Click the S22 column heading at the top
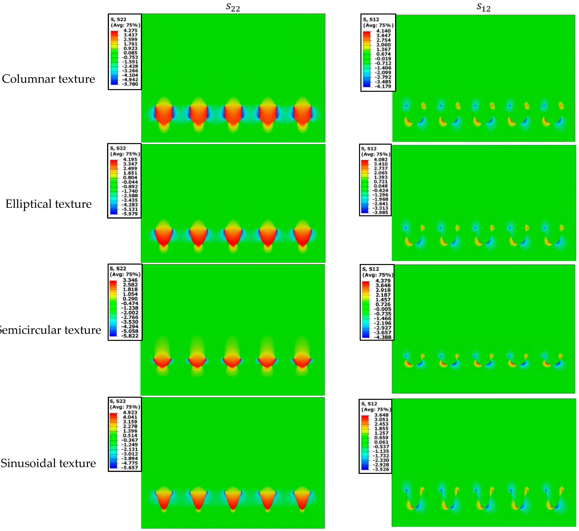tap(233, 7)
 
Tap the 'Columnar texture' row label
tap(48, 79)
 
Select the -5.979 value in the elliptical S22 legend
tap(130, 213)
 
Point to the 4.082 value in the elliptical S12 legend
tap(381, 159)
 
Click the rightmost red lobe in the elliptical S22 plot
tap(302, 236)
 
